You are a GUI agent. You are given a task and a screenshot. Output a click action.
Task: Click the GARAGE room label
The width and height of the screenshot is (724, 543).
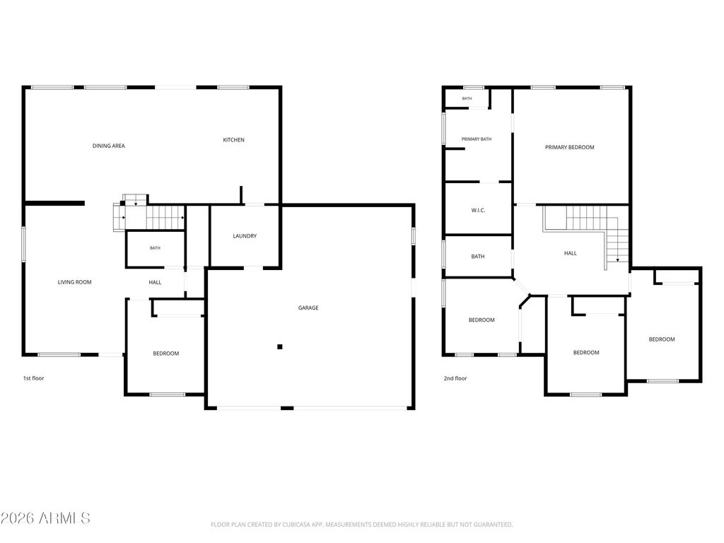[x=308, y=308]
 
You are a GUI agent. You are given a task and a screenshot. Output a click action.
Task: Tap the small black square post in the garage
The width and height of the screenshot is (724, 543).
[x=280, y=346]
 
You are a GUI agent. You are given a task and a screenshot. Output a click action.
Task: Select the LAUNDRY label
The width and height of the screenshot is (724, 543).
[x=245, y=236]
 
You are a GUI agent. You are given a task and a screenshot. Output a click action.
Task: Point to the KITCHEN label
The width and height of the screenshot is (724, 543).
[x=233, y=140]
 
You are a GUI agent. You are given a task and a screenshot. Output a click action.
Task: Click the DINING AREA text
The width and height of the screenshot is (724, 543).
[x=108, y=146]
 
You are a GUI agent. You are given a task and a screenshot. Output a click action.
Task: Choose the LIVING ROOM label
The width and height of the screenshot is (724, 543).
[x=74, y=282]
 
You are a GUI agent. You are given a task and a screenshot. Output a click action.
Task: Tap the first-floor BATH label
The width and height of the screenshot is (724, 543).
[x=155, y=248]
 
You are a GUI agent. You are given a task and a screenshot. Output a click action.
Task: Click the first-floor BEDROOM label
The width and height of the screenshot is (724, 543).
[x=166, y=354]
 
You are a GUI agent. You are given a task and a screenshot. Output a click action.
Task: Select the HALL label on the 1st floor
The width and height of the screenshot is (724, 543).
[x=155, y=282]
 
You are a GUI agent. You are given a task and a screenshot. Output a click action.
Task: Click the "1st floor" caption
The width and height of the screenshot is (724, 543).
[x=34, y=378]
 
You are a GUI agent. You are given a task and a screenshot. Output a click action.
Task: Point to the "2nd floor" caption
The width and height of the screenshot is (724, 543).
[x=455, y=378]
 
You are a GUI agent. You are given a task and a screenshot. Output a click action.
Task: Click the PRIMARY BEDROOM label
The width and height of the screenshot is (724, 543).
[x=570, y=147]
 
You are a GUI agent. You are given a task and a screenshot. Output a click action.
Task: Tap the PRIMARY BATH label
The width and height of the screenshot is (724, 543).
[x=477, y=139]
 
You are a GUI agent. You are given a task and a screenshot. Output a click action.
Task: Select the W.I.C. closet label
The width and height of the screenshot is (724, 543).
[x=479, y=211]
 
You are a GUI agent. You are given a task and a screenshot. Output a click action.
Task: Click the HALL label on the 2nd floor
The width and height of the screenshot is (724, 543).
[x=571, y=253]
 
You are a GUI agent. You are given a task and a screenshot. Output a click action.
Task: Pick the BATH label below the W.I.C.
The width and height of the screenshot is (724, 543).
[x=478, y=256]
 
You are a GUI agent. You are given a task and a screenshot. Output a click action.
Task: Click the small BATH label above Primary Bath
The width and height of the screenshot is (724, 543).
[x=467, y=98]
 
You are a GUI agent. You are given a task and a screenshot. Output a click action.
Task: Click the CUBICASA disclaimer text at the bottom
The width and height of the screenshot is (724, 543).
[x=361, y=525]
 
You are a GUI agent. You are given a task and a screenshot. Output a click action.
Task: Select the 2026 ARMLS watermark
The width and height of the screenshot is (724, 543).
[x=45, y=518]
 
